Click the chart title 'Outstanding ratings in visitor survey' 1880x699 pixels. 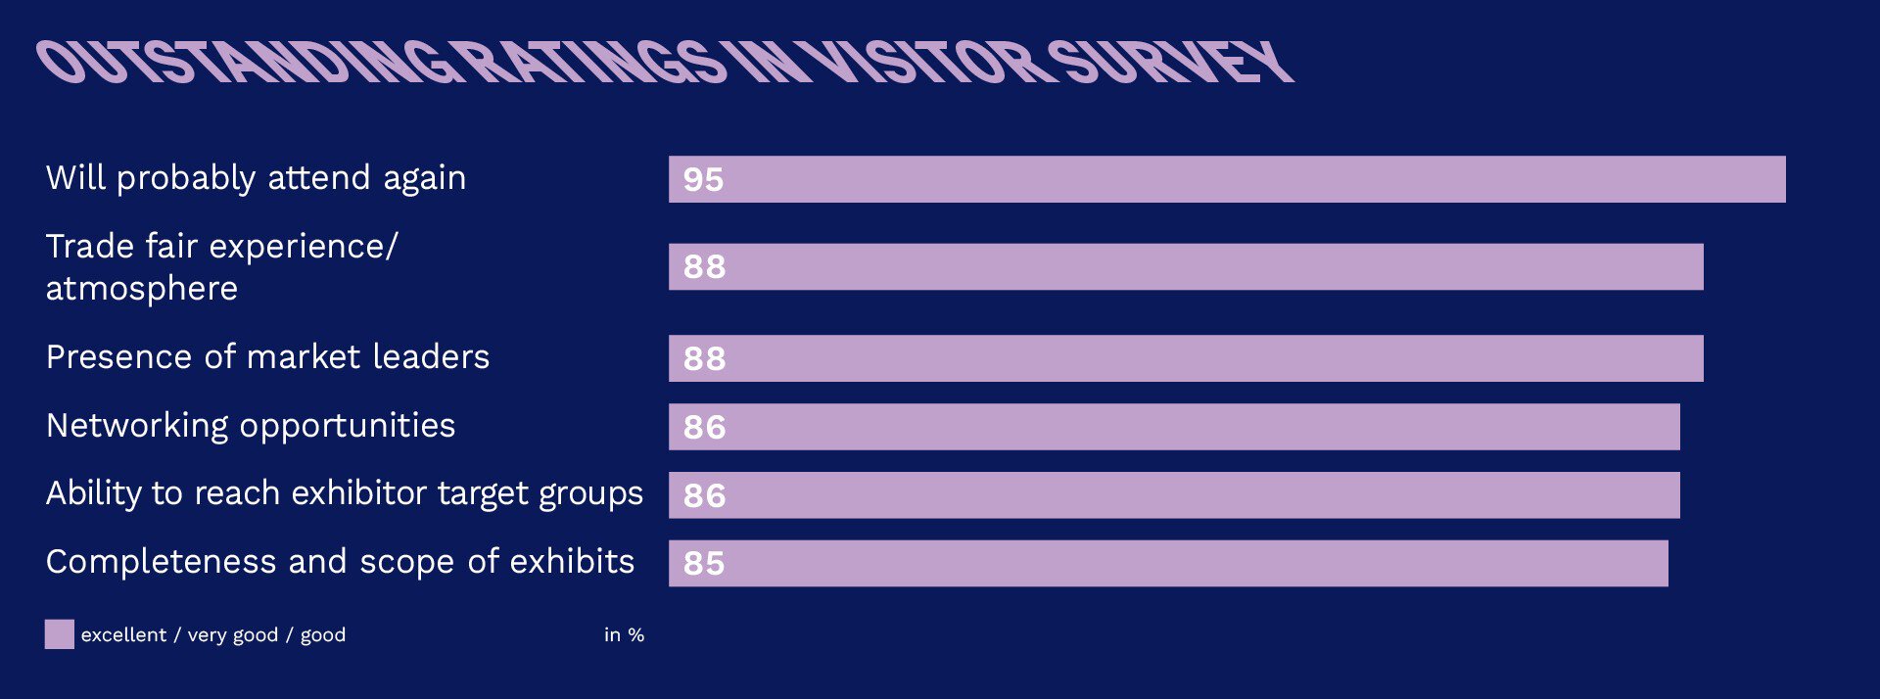click(x=666, y=62)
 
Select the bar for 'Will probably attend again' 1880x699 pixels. click(x=1227, y=179)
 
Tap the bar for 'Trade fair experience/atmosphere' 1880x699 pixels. click(x=1186, y=266)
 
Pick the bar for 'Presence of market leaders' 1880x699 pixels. click(x=1186, y=358)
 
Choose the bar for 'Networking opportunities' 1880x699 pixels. click(x=1174, y=427)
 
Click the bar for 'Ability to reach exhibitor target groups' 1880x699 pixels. click(x=1174, y=495)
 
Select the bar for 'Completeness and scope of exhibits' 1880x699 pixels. click(x=1168, y=563)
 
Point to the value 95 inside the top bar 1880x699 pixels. click(x=703, y=180)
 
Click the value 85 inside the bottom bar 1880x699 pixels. click(x=704, y=564)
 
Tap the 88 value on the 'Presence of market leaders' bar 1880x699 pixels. click(x=705, y=359)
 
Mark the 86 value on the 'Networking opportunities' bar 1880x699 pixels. click(x=705, y=428)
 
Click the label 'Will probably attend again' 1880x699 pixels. click(x=256, y=179)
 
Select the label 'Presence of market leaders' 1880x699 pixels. click(x=267, y=357)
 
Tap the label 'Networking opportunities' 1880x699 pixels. click(x=251, y=427)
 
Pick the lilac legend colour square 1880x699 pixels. click(x=59, y=634)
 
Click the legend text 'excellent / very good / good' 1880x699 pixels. click(x=213, y=635)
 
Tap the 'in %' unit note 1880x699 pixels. click(x=624, y=635)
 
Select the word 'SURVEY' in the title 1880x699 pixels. click(x=1170, y=62)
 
